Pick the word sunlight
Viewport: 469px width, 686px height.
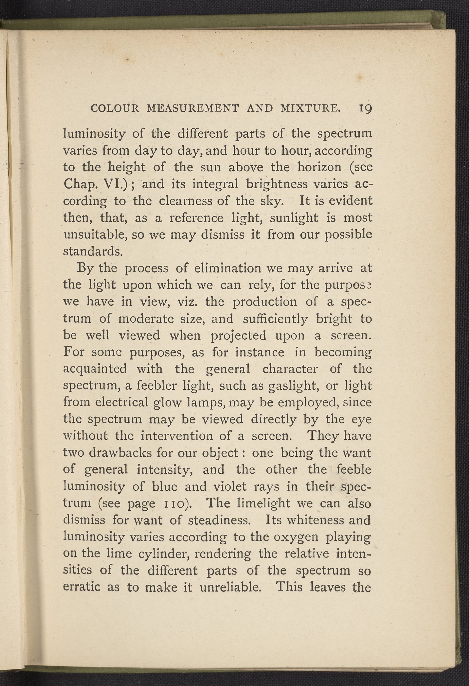point(294,218)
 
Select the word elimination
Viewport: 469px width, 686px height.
point(228,268)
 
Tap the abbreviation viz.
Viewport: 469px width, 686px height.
point(190,302)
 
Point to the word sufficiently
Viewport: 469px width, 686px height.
point(275,319)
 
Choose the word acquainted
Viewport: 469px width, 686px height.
point(95,369)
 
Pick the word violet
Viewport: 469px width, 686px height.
point(230,487)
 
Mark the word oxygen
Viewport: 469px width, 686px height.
point(296,537)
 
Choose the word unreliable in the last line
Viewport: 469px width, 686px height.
point(230,587)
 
